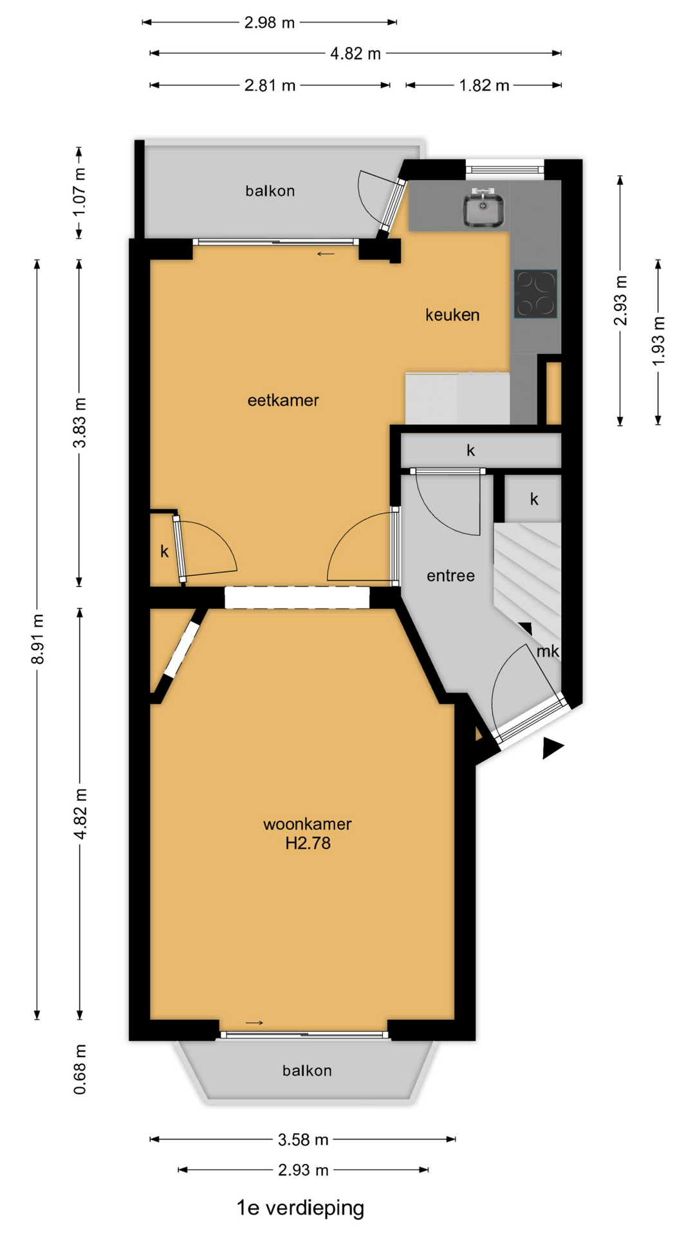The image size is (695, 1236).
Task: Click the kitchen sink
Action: (x=483, y=208)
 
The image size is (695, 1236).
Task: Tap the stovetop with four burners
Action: (x=535, y=294)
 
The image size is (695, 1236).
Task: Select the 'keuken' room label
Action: (x=452, y=315)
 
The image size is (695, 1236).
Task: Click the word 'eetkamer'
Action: (x=283, y=400)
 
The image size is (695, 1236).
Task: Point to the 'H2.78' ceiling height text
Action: (x=308, y=843)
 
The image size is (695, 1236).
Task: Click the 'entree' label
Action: (x=450, y=576)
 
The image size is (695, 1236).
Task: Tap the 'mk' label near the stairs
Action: (x=548, y=651)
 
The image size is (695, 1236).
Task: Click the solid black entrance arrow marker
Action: (x=552, y=748)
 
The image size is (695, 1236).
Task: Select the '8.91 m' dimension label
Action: (x=38, y=639)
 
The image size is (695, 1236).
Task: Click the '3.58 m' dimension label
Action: (x=303, y=1140)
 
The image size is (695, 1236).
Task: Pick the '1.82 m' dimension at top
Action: (x=484, y=86)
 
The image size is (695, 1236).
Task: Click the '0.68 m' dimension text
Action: (x=79, y=1069)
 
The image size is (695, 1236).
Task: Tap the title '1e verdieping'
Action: (x=301, y=1208)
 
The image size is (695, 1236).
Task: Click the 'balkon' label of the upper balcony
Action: (x=270, y=191)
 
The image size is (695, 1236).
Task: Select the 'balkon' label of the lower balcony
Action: (x=307, y=1071)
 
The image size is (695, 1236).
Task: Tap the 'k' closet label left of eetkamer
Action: (x=164, y=552)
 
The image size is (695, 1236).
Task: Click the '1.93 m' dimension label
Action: (x=658, y=341)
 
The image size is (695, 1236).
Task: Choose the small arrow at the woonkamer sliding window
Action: (x=255, y=1023)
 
